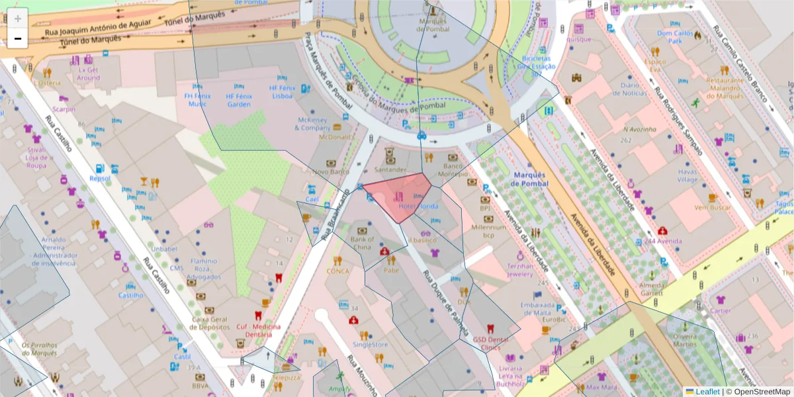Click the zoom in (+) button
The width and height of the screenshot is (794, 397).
[18, 18]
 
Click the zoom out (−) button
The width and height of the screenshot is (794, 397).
[18, 39]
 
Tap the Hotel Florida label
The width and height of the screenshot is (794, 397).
[418, 206]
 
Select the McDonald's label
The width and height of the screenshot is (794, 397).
[334, 137]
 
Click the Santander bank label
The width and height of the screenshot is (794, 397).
[389, 169]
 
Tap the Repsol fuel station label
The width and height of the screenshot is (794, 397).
[100, 178]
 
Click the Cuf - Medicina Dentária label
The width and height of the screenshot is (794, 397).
[258, 330]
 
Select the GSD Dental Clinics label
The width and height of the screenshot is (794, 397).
[490, 343]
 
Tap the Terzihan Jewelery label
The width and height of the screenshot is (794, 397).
[519, 269]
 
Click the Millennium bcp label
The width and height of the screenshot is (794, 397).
[488, 231]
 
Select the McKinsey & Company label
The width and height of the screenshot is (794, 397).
[313, 124]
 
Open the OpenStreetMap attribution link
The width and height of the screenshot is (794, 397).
[758, 392]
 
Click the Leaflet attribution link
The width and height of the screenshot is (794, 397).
[707, 392]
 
